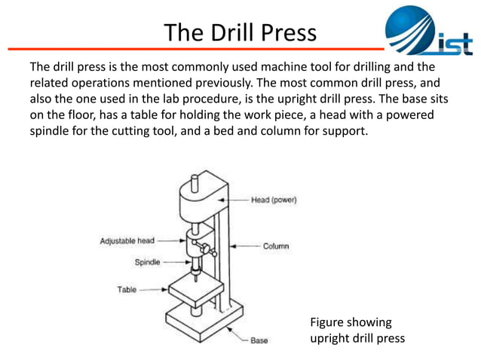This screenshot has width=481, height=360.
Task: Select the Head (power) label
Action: click(274, 200)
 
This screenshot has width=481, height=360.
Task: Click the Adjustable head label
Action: click(127, 241)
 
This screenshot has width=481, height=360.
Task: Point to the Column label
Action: click(275, 246)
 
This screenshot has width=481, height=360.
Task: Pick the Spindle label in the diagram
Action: click(147, 263)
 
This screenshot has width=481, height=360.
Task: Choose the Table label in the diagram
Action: click(127, 289)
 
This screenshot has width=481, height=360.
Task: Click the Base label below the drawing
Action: click(259, 340)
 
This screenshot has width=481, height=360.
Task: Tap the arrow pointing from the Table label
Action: click(155, 289)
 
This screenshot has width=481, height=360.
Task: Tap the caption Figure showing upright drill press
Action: click(357, 331)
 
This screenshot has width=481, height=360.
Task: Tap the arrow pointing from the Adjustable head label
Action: click(170, 241)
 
